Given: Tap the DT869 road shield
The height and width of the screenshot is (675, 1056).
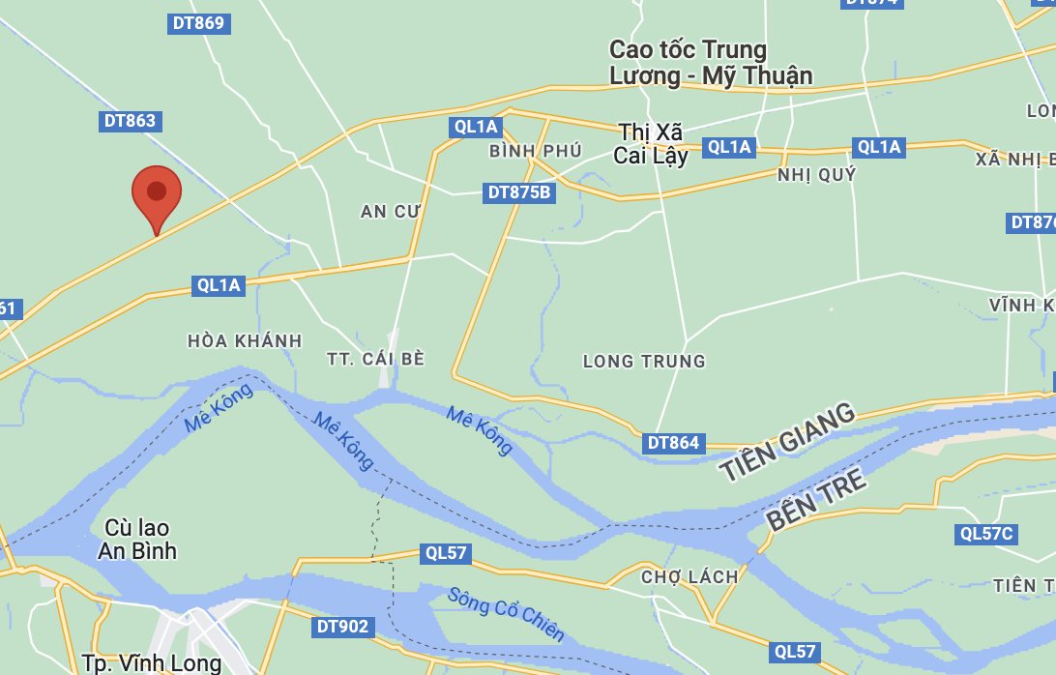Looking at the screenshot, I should coord(197,23).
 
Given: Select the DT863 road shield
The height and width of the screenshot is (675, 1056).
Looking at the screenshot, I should coord(129,121).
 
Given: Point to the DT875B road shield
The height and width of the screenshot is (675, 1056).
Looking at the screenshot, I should coord(519,192).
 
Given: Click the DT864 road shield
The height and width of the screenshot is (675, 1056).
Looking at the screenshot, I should coord(673,443).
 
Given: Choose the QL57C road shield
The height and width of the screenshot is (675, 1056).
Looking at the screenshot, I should coord(986,534).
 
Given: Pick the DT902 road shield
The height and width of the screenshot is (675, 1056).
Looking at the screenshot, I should coord(342,627).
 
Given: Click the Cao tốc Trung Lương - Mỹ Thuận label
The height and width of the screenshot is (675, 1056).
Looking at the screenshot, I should coord(711,63).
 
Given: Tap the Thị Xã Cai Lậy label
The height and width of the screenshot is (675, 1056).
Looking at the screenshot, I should coord(653,143).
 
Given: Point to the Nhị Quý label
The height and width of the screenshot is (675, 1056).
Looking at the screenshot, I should coord(817,175).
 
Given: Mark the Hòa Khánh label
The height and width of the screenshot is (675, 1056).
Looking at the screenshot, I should coord(245,341).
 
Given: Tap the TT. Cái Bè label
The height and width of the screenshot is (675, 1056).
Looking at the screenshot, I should coord(376,359).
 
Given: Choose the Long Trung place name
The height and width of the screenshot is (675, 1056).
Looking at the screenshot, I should coord(644,362).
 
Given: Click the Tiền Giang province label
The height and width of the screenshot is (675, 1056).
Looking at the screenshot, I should coord(787,443).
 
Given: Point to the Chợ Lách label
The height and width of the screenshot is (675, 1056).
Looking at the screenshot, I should coord(689,577).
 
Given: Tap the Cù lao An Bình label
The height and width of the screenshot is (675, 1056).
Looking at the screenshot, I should coord(137,540).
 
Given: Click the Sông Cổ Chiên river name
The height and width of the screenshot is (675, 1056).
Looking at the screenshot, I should coord(506,614).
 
